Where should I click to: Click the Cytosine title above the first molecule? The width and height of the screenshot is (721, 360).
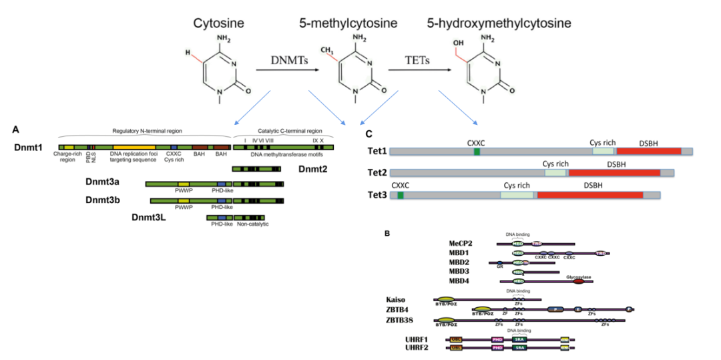pyautogui.click(x=218, y=23)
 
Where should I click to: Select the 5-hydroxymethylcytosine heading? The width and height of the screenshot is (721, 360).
pyautogui.click(x=499, y=23)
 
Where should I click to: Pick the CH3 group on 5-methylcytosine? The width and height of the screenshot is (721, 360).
pyautogui.click(x=326, y=50)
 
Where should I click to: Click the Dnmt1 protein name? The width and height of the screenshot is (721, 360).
pyautogui.click(x=27, y=146)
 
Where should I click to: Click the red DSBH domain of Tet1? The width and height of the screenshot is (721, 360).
pyautogui.click(x=648, y=152)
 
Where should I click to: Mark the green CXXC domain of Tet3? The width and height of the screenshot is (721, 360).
pyautogui.click(x=400, y=195)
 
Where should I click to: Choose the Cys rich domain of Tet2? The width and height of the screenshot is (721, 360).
pyautogui.click(x=555, y=173)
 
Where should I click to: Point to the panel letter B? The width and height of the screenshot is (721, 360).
pyautogui.click(x=387, y=233)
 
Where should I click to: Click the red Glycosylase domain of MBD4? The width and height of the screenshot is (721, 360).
pyautogui.click(x=578, y=282)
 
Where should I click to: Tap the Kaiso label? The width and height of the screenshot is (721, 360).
pyautogui.click(x=396, y=300)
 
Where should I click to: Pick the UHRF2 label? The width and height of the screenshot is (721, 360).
pyautogui.click(x=417, y=347)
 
